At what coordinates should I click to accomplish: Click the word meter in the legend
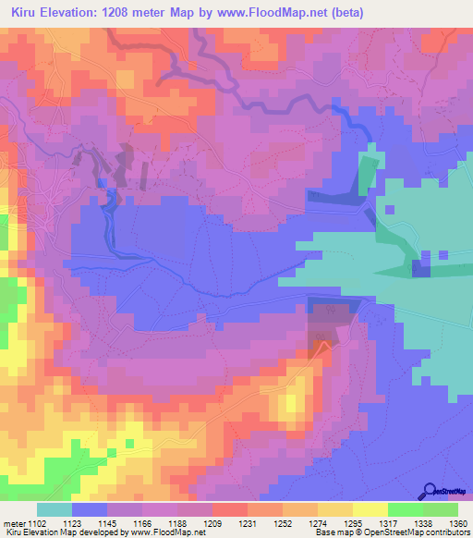coord(15,523)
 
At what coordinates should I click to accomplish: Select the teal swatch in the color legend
coord(55,509)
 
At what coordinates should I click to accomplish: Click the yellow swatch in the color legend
coord(370,509)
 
